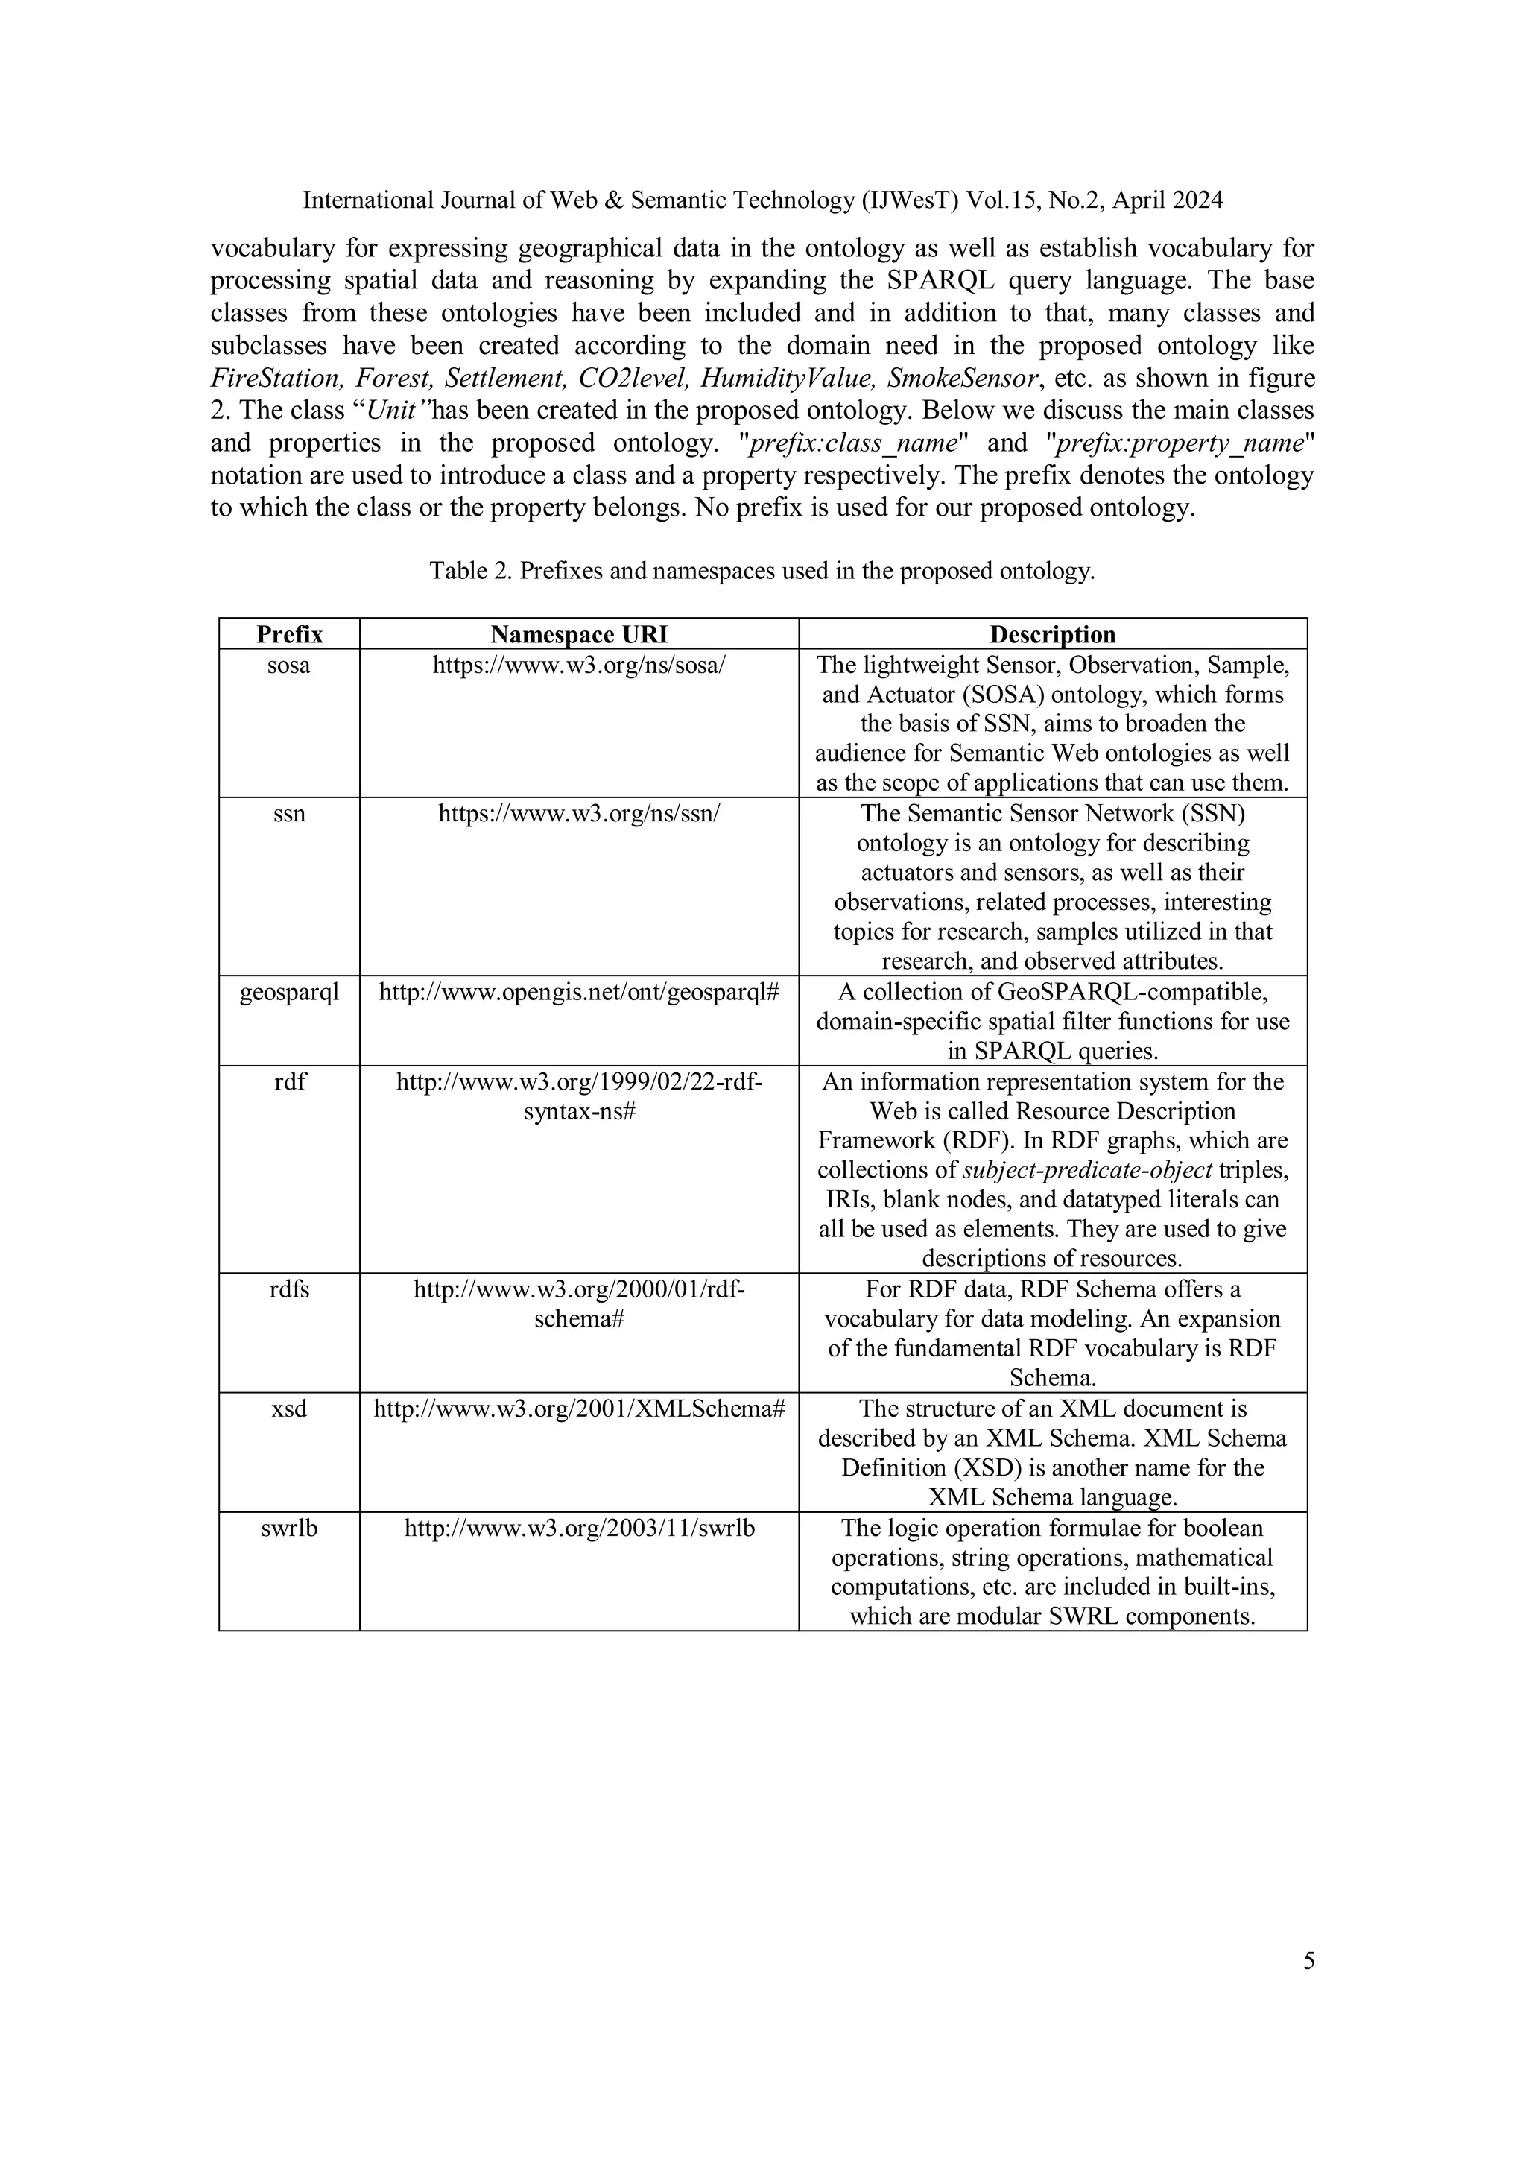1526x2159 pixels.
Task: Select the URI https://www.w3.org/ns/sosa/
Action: coord(578,665)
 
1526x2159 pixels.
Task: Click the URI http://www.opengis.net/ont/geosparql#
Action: coord(578,992)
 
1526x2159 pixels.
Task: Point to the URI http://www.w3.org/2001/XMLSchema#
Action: coord(578,1409)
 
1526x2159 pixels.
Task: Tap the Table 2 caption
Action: coord(762,571)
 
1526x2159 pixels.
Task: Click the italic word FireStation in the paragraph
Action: coord(273,378)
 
